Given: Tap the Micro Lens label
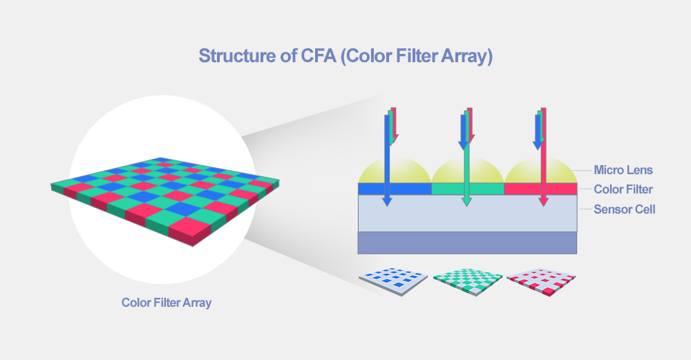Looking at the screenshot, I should click(x=623, y=169).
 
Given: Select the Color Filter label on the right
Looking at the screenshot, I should click(x=623, y=189).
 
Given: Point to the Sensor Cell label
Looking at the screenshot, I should click(x=625, y=209).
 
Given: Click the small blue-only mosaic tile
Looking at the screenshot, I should click(x=392, y=281).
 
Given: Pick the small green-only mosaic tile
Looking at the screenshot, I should click(x=467, y=281).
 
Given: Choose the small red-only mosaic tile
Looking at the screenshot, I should click(x=541, y=281).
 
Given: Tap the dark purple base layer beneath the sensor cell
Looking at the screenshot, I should click(x=468, y=243).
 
